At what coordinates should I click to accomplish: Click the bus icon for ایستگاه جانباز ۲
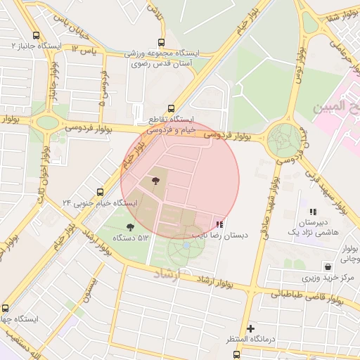(x=36, y=35)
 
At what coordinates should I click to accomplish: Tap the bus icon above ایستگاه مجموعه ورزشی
(x=162, y=42)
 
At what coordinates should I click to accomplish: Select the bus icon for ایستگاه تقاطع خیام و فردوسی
(x=139, y=109)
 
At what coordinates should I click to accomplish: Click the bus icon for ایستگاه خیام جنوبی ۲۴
(x=100, y=191)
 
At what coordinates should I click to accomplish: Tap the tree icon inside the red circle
(x=155, y=182)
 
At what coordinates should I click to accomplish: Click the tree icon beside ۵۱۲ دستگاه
(x=130, y=226)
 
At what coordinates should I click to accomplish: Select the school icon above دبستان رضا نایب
(x=220, y=224)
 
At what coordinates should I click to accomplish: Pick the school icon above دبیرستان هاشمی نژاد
(x=313, y=211)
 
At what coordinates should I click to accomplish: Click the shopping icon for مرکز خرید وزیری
(x=328, y=266)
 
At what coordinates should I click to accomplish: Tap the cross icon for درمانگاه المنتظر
(x=250, y=328)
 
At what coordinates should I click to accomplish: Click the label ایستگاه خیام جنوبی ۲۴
(x=100, y=203)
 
